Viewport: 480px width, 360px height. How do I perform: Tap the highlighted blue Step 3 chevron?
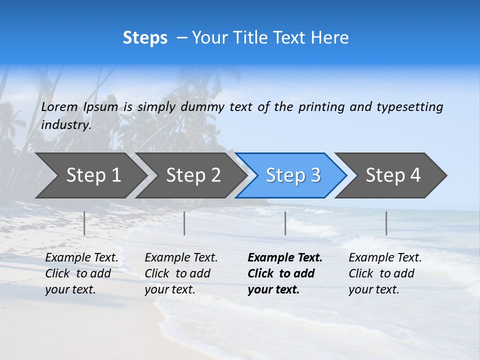[x=293, y=175]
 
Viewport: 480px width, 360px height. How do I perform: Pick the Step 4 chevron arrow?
[x=393, y=175]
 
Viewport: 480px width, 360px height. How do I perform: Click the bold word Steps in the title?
[x=145, y=38]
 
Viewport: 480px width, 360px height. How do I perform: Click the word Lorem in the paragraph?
[x=59, y=107]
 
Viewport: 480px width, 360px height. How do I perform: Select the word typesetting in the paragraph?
[x=409, y=107]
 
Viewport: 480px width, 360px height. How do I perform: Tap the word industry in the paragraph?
[x=66, y=125]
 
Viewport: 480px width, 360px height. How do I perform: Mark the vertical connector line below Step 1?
[x=84, y=223]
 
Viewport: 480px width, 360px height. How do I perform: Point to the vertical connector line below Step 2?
[x=184, y=223]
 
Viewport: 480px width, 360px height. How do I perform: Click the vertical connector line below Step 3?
[x=285, y=223]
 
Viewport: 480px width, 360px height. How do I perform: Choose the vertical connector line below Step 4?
[x=386, y=223]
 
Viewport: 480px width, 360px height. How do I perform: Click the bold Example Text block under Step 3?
[x=284, y=273]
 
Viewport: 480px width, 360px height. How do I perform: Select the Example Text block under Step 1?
[x=81, y=273]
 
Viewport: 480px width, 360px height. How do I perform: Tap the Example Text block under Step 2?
[x=181, y=273]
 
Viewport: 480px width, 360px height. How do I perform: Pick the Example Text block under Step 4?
[x=385, y=273]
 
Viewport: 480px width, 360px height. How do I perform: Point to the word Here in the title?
[x=329, y=38]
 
